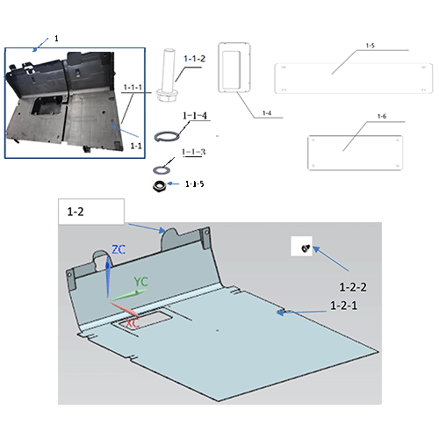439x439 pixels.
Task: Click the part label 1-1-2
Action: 195,59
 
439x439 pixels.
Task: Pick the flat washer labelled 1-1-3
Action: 163,168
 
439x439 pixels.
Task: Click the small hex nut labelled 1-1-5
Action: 160,185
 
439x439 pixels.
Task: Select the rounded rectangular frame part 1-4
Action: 233,68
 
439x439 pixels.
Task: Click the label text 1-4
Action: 266,114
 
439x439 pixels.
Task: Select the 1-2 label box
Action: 91,212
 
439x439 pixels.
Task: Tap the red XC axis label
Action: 133,323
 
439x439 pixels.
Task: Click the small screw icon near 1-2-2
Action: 305,248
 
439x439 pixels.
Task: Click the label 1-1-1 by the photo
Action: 133,88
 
